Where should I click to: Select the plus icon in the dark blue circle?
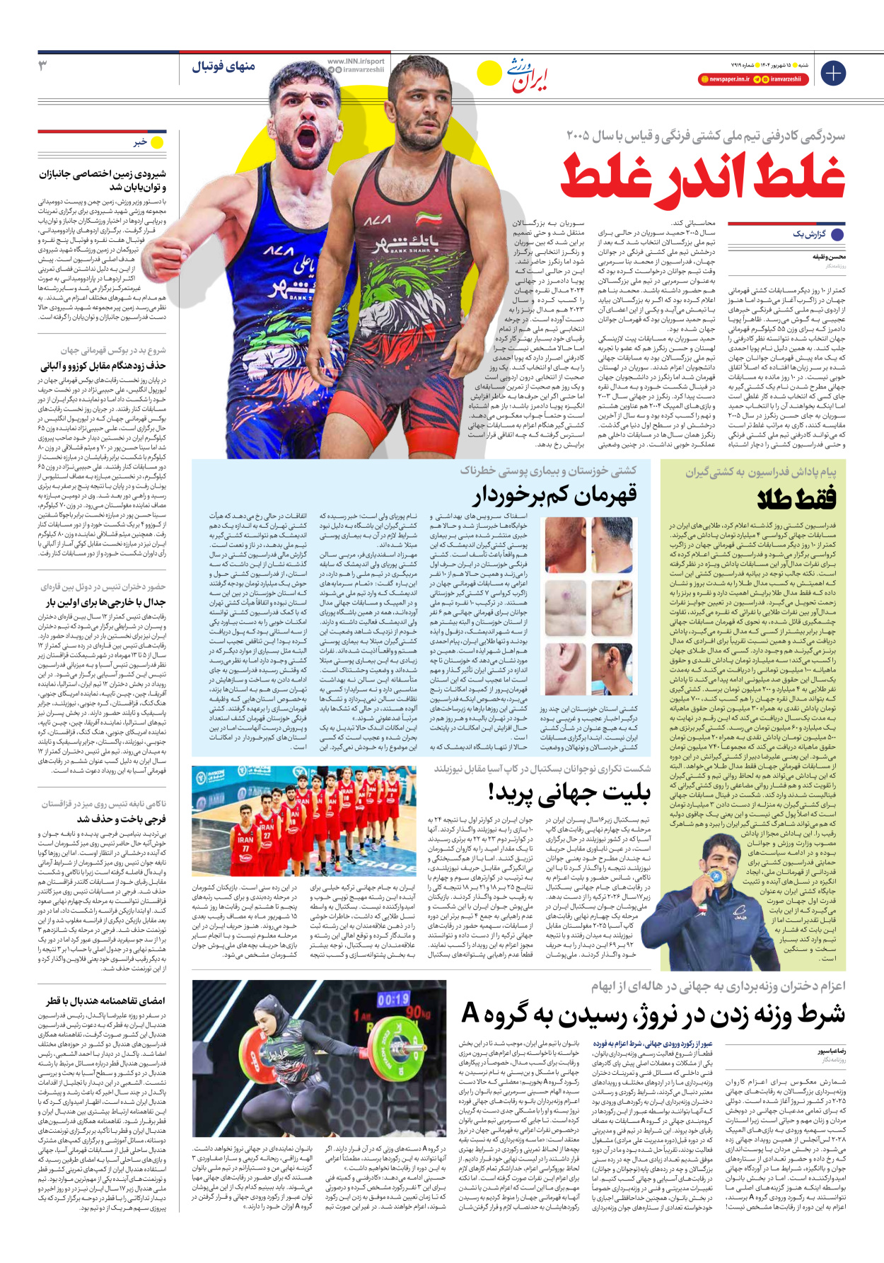(832, 73)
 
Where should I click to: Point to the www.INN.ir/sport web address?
(356, 62)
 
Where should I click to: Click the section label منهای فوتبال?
(223, 67)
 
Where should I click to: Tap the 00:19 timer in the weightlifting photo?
(393, 1000)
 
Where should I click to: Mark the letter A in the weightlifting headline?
(470, 1014)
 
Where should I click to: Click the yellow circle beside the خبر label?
(157, 142)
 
